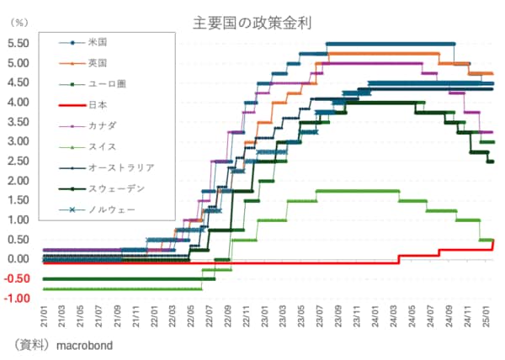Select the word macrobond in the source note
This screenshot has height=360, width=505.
[x=83, y=345]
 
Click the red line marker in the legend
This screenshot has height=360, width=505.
[x=72, y=105]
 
